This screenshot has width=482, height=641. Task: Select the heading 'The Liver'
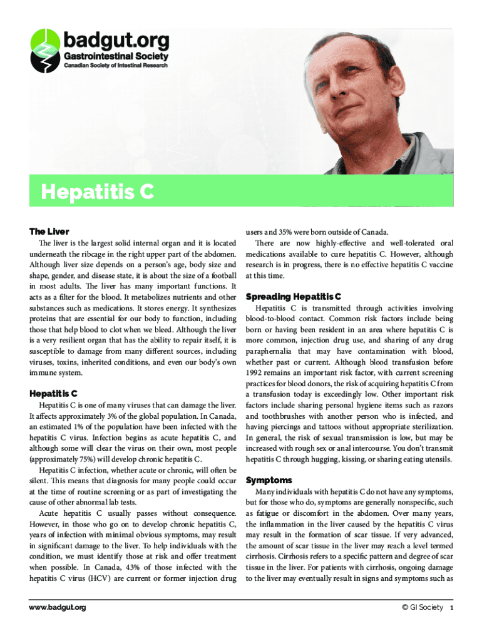click(x=49, y=232)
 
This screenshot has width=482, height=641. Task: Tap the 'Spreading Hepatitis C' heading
click(x=293, y=295)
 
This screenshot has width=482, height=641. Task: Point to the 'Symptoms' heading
click(x=269, y=480)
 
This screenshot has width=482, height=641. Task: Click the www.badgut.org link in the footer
click(x=58, y=607)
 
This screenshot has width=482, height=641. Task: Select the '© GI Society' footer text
click(x=423, y=607)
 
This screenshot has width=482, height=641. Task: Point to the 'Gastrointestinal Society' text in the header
click(x=116, y=56)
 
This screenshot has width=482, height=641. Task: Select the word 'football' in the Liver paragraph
click(x=222, y=275)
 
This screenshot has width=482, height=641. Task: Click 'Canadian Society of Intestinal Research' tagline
click(x=117, y=66)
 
